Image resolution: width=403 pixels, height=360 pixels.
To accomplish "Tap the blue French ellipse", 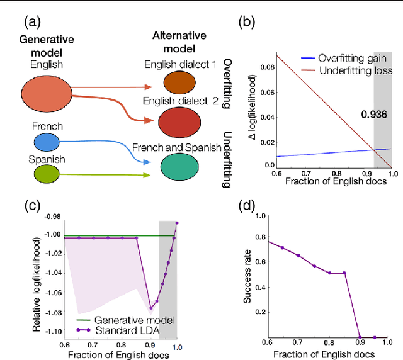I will [x=47, y=142].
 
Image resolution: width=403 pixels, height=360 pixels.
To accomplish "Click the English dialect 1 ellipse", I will [x=180, y=82].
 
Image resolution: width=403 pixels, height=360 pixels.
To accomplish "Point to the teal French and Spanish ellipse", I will [x=180, y=168].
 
